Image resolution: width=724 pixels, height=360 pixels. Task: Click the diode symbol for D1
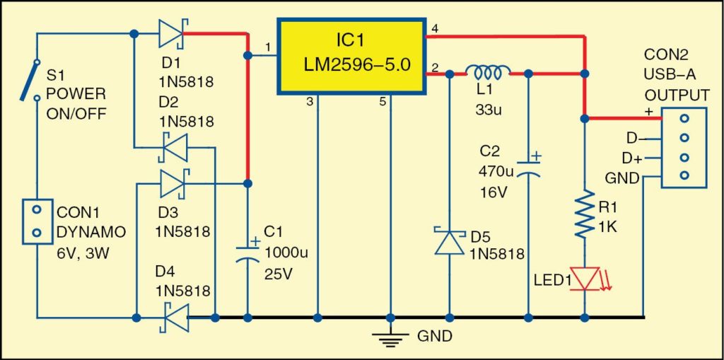pos(171,33)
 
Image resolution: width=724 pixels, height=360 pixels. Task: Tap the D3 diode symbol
pos(172,183)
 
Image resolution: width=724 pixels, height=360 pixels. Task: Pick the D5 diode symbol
pos(448,240)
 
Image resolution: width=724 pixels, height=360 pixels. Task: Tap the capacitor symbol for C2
pos(529,168)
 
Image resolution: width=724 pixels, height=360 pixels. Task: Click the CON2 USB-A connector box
pos(683,146)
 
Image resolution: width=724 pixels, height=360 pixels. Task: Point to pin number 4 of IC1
pos(435,28)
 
